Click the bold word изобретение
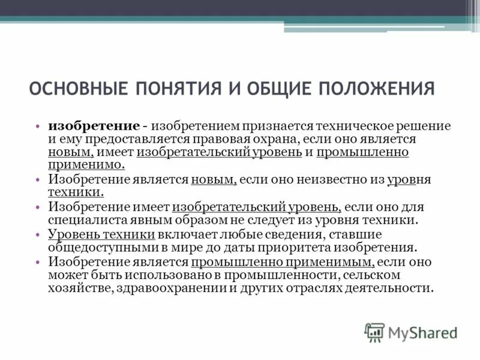[x=94, y=127]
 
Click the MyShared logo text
[x=423, y=332]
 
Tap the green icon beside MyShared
[x=374, y=332]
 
